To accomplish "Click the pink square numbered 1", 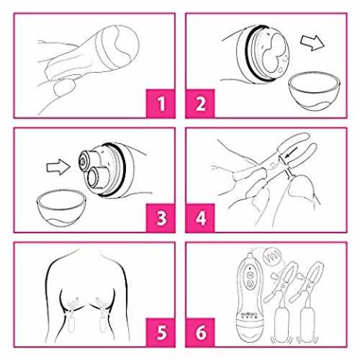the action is click(161, 104).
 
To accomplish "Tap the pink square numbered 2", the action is click(200, 104).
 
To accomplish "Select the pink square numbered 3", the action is click(161, 218).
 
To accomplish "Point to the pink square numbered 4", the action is click(200, 218).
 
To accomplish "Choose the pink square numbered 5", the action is click(161, 333).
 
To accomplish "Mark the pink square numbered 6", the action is click(200, 333).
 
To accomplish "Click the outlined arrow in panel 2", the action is click(312, 42).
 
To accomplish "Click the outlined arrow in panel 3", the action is click(58, 167).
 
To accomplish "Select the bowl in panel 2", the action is click(314, 91).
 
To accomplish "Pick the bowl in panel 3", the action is click(62, 207).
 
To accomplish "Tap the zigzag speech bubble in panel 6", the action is click(272, 257).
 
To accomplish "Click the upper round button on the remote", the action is click(250, 275).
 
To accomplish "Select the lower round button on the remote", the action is click(250, 284).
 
